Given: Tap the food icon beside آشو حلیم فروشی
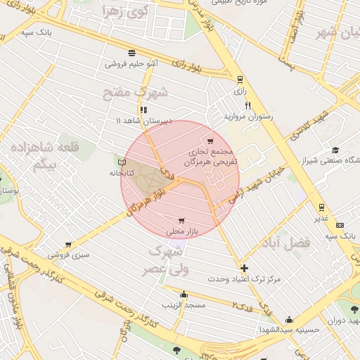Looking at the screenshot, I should tap(131, 53).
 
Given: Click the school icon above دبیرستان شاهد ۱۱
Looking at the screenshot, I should tap(144, 110).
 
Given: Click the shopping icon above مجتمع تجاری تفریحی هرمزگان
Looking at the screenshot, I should tap(210, 141).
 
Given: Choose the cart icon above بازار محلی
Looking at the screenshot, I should tap(184, 220).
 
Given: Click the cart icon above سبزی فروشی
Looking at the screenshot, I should tap(68, 245).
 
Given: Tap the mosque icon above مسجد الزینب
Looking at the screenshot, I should tap(184, 294).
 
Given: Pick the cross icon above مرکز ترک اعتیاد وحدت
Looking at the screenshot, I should tap(244, 268).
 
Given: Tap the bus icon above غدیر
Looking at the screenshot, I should tap(321, 207).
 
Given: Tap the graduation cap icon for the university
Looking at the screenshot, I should tap(336, 150).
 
